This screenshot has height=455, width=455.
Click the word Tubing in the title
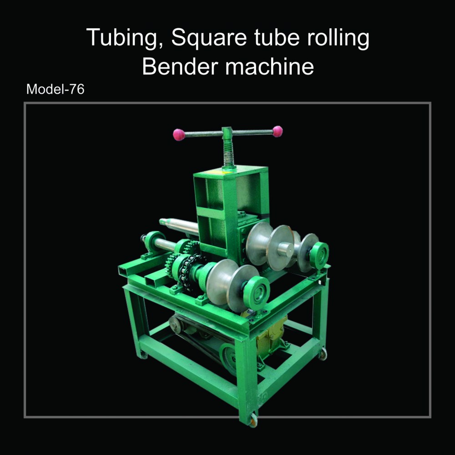(x=124, y=38)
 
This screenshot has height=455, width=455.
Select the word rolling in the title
(x=338, y=38)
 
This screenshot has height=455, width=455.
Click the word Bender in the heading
(x=180, y=66)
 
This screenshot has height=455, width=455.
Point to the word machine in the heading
(x=269, y=66)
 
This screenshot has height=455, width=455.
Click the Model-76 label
(x=55, y=89)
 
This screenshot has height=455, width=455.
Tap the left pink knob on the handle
(x=179, y=135)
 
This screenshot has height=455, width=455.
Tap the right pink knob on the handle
(x=278, y=131)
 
